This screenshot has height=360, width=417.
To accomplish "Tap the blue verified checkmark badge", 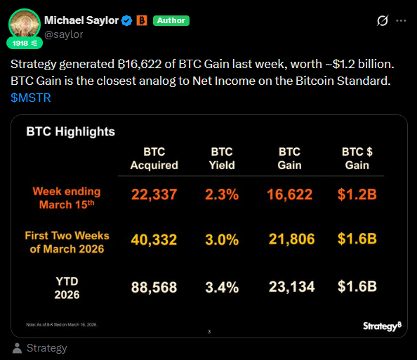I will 127,20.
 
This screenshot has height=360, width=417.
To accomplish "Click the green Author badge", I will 171,20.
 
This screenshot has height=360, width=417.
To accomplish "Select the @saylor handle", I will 64,34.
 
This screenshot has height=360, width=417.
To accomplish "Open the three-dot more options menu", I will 401,20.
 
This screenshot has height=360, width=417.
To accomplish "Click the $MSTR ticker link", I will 30,98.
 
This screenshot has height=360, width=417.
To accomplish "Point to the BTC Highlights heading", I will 70,131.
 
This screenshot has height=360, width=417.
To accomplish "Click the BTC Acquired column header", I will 154,159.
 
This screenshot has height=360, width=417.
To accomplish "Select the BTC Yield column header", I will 223,159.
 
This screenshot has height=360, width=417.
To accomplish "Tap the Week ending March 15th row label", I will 66,197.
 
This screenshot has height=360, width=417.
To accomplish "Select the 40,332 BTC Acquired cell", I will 154,239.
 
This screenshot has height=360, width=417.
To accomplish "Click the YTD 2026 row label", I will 66,288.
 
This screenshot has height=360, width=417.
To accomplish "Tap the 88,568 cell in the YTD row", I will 154,287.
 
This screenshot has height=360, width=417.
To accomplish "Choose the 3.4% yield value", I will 223,287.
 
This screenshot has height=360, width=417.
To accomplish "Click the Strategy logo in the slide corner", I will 382,326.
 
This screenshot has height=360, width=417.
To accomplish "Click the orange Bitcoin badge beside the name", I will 141,20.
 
